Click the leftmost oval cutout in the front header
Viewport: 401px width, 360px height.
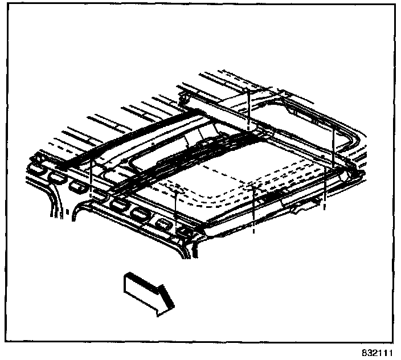coord(38,170)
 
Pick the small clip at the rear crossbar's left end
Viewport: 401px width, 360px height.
coord(183,101)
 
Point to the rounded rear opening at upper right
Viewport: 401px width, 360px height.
coord(311,116)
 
